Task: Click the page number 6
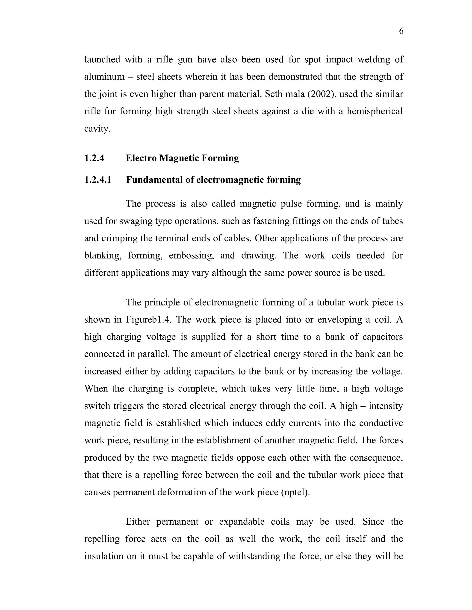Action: point(401,31)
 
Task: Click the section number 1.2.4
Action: point(94,158)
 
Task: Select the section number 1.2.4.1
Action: point(97,180)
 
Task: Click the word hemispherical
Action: point(375,111)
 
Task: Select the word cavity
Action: point(97,129)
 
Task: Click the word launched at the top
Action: point(102,59)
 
